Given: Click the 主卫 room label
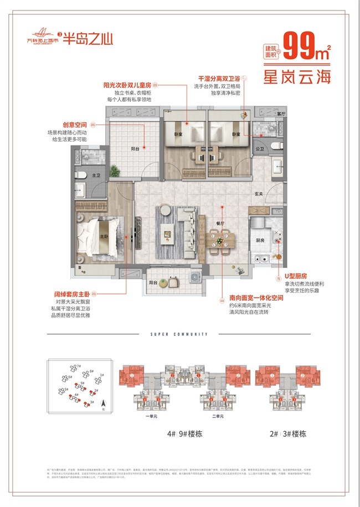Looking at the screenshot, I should pyautogui.click(x=96, y=175).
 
